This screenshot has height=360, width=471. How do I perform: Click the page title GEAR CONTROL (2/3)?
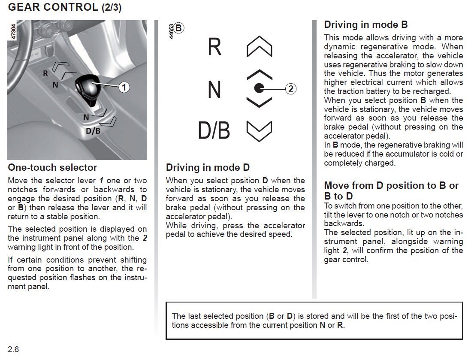coord(64,7)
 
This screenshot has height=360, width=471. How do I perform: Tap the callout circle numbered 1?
coord(124,88)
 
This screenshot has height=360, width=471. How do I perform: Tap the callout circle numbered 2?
coord(290,89)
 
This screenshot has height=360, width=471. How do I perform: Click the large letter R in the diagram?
coord(214,47)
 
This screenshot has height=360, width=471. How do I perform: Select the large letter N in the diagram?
coord(214,90)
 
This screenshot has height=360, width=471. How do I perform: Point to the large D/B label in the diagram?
coord(214,131)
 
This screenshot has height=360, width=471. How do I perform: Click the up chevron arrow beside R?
coord(260,46)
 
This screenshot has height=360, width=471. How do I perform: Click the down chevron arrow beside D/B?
coord(260,131)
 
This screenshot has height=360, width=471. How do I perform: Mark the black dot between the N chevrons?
coord(259,88)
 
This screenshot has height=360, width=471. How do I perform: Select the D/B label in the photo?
coord(93,130)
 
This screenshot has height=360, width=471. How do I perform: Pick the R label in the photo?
coord(45,73)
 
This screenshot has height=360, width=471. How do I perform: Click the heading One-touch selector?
coord(52,167)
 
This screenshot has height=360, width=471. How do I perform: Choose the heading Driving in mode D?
coord(208,167)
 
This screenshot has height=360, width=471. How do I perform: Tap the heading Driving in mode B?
coord(365,24)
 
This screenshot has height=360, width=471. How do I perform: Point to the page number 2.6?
coord(13,349)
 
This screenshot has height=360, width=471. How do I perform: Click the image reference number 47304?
coord(13,32)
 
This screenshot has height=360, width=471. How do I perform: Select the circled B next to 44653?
coord(179,28)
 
